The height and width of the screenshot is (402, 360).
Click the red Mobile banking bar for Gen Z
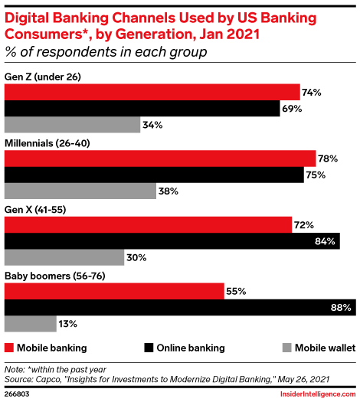[x=152, y=92]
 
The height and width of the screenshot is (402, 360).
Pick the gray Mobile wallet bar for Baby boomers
[x=31, y=325]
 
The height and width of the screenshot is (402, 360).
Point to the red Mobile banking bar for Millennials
[x=160, y=159]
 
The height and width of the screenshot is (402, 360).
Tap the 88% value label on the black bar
[x=341, y=308]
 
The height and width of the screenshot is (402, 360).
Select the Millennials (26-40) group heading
[x=51, y=142]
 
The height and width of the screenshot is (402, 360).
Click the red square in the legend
[x=9, y=348]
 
